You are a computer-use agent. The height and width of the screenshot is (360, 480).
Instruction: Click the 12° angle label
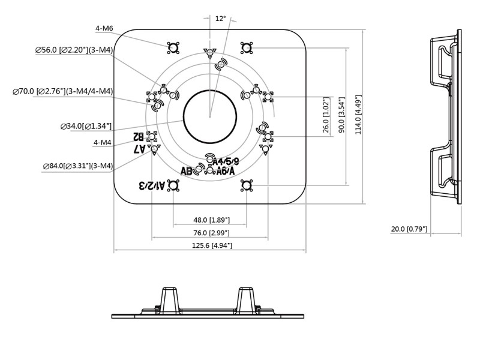point(220,19)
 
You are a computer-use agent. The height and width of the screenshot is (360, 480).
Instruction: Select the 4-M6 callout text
point(104,28)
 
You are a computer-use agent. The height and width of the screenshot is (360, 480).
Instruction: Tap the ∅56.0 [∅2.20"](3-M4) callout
point(74,50)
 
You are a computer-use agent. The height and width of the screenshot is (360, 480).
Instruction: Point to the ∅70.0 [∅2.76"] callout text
point(62,92)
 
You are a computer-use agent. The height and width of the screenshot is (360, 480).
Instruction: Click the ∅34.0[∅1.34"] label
point(86,126)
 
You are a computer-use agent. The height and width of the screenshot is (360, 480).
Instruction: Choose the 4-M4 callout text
point(102,142)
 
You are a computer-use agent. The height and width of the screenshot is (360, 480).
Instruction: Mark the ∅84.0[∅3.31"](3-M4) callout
point(77,166)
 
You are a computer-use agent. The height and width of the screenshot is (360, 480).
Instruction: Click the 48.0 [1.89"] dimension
point(211,220)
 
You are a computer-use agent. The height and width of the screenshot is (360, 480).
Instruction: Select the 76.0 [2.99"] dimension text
point(211,233)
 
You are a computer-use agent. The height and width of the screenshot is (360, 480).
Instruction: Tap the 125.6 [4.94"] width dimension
point(211,245)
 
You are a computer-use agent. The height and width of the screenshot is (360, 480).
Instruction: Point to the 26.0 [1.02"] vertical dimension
point(326,115)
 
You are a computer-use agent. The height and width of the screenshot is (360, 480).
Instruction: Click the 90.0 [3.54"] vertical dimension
point(341,115)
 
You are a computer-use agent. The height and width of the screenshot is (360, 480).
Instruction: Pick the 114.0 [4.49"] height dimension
point(358,114)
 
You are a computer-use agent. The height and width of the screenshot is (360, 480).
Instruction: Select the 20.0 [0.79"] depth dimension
point(409,229)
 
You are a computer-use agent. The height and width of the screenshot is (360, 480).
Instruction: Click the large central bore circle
point(209,117)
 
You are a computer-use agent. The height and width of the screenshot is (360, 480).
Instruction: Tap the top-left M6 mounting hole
point(173,48)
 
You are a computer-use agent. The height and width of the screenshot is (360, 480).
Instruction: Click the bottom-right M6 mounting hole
point(246,186)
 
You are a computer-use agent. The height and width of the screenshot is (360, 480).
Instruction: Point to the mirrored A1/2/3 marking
point(151,185)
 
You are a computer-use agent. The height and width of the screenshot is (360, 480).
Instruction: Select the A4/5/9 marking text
point(226,161)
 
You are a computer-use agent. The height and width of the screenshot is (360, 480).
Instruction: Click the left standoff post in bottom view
point(169,300)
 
